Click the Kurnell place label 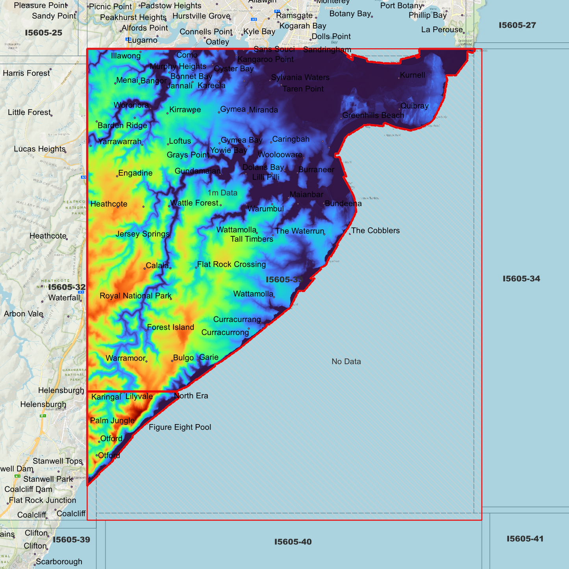tap(412, 75)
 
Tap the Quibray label tap(414, 106)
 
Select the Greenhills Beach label tap(373, 115)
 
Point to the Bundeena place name tap(343, 204)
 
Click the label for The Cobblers tap(375, 231)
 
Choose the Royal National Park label tap(135, 296)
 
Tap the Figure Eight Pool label tap(180, 427)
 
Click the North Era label tap(191, 396)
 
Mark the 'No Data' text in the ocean tap(346, 361)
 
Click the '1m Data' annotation tap(222, 193)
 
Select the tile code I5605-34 tap(521, 279)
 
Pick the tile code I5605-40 tap(293, 542)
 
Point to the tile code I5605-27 tap(517, 25)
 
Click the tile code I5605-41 tap(525, 539)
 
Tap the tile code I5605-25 tap(43, 33)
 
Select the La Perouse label tap(442, 30)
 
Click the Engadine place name tap(135, 173)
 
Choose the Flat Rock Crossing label tap(231, 264)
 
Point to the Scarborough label tap(59, 562)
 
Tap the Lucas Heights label tap(39, 149)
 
